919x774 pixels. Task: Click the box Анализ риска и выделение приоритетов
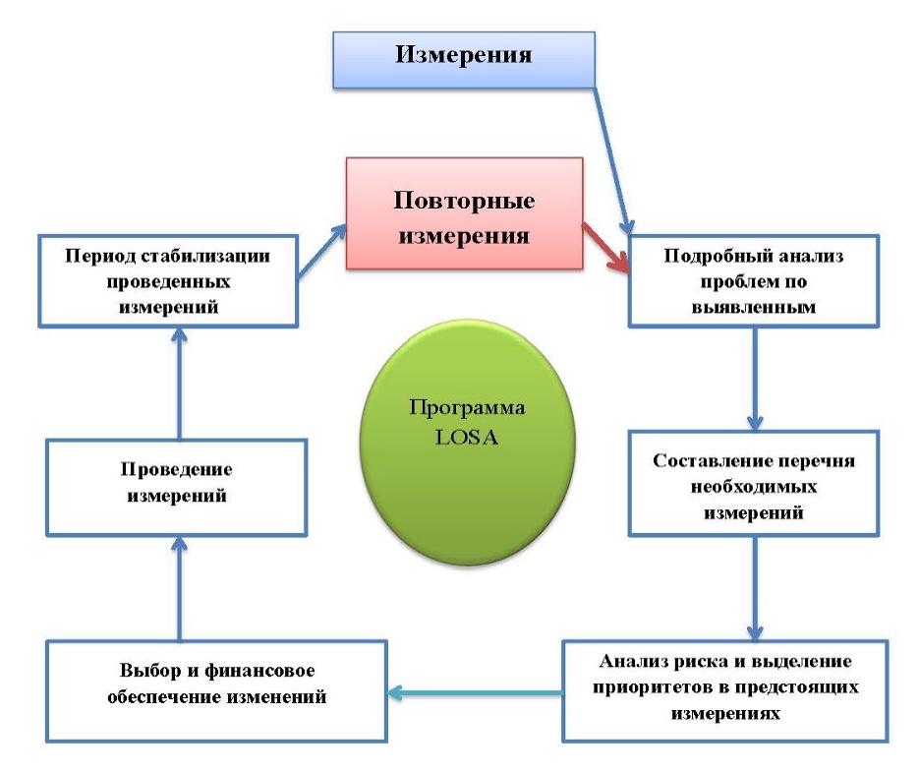tap(726, 689)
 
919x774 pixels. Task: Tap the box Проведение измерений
tap(178, 486)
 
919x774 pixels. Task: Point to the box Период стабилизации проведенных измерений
tap(168, 280)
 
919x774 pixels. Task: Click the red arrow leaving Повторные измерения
tap(605, 247)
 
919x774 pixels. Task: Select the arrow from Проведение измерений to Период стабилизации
tap(179, 384)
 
